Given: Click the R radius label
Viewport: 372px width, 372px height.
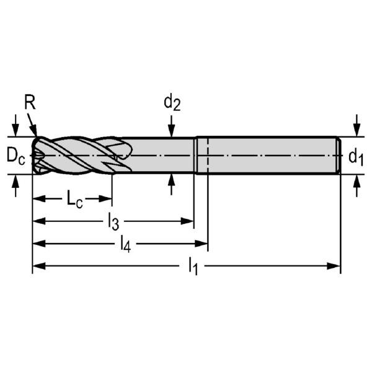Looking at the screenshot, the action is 30,103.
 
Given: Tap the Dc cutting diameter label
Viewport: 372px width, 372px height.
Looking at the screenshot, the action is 15,156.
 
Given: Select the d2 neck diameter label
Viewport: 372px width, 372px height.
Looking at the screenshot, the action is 172,103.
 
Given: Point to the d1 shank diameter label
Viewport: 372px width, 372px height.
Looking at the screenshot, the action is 356,157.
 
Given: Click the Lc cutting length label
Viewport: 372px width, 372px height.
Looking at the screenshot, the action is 74,200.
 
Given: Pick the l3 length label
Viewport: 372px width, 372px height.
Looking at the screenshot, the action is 113,223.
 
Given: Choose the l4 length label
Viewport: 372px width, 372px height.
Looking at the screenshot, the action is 125,244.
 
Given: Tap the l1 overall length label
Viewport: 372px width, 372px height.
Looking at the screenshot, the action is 193,267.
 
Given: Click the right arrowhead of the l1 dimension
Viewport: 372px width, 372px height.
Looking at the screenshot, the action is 334,266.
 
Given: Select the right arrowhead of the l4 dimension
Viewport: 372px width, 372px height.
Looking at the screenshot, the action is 201,244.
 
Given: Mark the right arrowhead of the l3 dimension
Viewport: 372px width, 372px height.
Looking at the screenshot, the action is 187,221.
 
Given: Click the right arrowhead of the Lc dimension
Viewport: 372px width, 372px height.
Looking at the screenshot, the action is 105,199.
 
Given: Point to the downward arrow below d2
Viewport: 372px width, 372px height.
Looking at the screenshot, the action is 172,126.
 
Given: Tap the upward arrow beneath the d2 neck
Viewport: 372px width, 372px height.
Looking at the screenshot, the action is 172,185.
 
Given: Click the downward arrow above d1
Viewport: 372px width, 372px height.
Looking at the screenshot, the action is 356,126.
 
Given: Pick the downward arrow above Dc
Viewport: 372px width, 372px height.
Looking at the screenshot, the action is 15,126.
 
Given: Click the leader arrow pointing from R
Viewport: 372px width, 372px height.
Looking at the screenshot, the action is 32,125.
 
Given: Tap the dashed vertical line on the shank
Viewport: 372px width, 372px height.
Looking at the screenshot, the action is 208,156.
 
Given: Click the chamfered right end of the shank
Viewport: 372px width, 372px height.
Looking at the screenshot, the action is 339,156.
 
